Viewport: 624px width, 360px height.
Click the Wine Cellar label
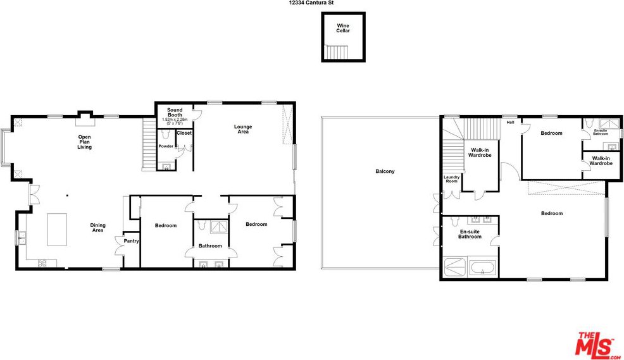(x=342, y=28)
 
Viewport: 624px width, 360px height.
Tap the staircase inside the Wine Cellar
(x=337, y=51)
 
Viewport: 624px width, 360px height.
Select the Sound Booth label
(x=175, y=112)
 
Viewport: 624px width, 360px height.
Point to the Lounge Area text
(x=243, y=129)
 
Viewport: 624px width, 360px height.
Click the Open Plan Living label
(x=84, y=142)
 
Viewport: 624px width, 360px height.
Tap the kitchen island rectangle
(x=57, y=230)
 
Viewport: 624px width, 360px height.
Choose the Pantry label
(x=132, y=241)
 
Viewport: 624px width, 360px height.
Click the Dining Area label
(x=98, y=228)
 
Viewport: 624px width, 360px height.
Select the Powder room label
(x=166, y=146)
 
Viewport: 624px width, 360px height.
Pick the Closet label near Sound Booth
(x=184, y=133)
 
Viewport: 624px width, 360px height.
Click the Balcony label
(x=385, y=171)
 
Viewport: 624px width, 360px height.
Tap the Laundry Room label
(x=452, y=179)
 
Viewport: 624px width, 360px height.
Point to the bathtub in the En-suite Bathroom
(x=482, y=268)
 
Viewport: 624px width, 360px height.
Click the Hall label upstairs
(x=510, y=123)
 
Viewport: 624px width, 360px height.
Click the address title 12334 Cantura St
(x=311, y=2)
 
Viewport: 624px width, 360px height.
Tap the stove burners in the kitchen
(x=42, y=263)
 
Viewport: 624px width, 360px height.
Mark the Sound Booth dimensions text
(x=175, y=121)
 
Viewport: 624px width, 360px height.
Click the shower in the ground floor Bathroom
(x=219, y=227)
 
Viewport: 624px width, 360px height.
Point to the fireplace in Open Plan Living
(x=84, y=118)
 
